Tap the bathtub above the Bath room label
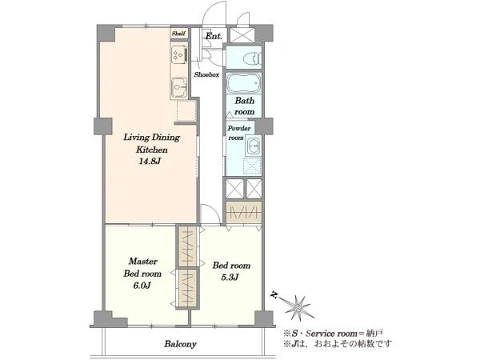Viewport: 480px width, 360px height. coord(244,82)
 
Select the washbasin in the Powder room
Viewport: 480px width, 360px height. coord(253,146)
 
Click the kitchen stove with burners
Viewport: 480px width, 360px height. coord(178,55)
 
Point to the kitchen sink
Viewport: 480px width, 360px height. coord(178,86)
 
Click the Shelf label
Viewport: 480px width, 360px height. coord(178,34)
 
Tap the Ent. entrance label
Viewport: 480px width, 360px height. coord(214,36)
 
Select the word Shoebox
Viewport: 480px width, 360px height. coord(206,74)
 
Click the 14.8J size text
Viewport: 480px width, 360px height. coord(150,162)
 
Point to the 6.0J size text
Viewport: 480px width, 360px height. coord(142,286)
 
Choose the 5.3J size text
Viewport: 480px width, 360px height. coord(230,278)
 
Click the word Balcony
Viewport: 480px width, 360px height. coord(180,344)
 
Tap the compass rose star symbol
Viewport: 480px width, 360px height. coord(297,306)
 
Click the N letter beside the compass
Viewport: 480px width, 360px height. coord(274,295)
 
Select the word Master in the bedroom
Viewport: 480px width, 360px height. coord(143,262)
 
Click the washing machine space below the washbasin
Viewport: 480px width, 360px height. coord(252,166)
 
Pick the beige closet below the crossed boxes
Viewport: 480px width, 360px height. coord(244,212)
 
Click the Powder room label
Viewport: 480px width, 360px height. coord(238,133)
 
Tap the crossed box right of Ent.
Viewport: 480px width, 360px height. coord(242,35)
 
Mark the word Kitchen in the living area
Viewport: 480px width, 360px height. coord(152,150)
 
